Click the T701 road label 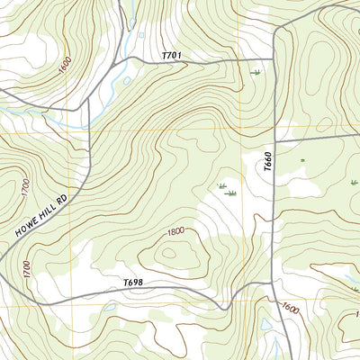coord(172,57)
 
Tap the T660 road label coord(267,163)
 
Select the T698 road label coord(133,283)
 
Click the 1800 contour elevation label coord(175,231)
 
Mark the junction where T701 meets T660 coord(273,61)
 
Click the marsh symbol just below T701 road coord(256,73)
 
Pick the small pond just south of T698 coord(110,307)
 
